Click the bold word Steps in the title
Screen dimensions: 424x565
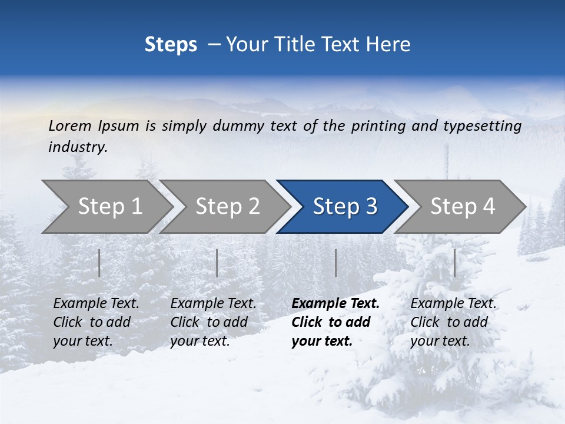tap(171, 45)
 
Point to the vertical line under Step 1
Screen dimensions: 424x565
tap(99, 263)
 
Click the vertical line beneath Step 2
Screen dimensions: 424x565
tap(217, 263)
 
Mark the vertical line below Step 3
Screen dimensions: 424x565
tap(336, 263)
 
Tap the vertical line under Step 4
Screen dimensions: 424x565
tap(455, 263)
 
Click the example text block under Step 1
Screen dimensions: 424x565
tap(96, 322)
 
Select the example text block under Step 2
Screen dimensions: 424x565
tap(213, 322)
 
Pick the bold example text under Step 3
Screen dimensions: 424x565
tap(335, 322)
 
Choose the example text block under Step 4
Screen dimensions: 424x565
tap(453, 322)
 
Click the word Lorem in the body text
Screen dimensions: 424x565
tap(69, 126)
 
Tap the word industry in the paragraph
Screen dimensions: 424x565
tap(77, 147)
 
